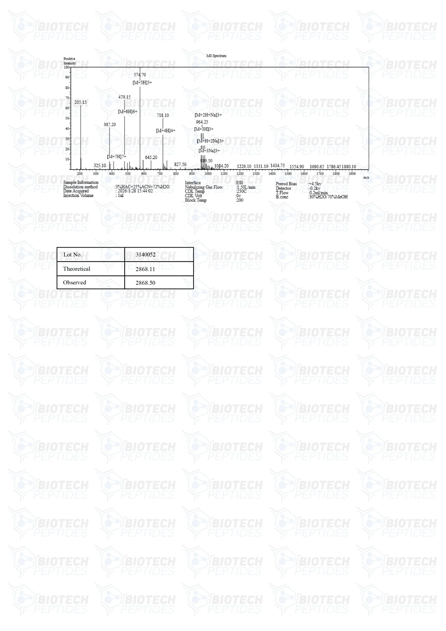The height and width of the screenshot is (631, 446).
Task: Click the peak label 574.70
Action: point(140,75)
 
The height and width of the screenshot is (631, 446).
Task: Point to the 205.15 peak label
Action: point(81,102)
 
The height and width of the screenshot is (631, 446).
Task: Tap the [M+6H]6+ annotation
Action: point(127,112)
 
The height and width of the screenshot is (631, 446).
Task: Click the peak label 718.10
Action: point(163,115)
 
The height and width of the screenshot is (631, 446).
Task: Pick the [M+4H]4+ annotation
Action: point(165,131)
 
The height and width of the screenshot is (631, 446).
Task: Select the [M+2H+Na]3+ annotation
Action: point(208,115)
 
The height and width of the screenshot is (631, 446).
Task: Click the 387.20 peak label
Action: point(110,124)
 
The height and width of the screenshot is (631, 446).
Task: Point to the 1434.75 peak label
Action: point(277,165)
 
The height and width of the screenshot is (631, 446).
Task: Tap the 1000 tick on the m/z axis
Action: point(208,174)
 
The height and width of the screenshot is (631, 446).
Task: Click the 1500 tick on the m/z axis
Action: point(288,174)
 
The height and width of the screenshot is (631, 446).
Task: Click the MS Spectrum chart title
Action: point(216,56)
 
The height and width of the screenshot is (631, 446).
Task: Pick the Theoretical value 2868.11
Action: point(145,269)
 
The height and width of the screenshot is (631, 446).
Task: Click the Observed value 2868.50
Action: point(145,283)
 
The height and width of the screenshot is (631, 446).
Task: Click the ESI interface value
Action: point(239,183)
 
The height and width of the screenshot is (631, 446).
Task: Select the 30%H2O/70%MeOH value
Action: point(328,197)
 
